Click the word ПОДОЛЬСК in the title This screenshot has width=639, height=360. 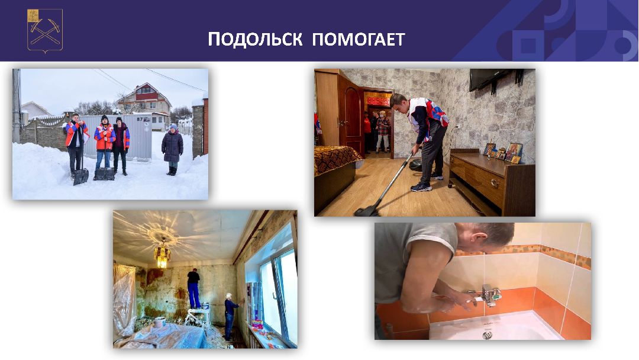[256, 40]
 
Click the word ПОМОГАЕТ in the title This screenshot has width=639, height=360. [359, 40]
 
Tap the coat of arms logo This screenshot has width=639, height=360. [45, 30]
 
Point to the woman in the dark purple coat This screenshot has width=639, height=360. [172, 149]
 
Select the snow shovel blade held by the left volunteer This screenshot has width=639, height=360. [80, 176]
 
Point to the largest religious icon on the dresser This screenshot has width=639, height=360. [514, 152]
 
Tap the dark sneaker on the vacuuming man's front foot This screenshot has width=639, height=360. [421, 187]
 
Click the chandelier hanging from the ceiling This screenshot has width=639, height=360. [162, 255]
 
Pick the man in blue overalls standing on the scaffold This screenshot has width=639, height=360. [193, 288]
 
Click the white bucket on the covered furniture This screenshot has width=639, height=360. [160, 322]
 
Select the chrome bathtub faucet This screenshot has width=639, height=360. [489, 294]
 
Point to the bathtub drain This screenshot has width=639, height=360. [487, 335]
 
